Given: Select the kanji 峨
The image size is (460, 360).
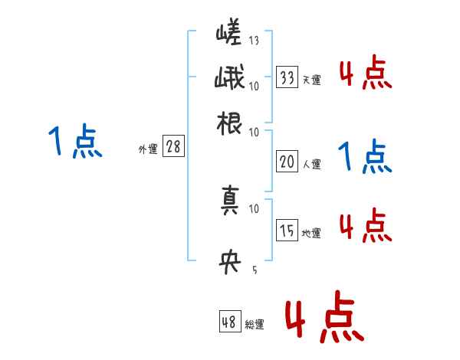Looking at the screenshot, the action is click(x=229, y=79).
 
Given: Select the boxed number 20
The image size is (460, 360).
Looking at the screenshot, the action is click(x=287, y=161).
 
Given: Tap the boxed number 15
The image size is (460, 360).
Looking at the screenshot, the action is click(x=287, y=230).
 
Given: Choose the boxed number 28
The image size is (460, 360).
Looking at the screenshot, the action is click(x=173, y=147).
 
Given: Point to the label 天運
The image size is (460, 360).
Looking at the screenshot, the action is click(x=311, y=80).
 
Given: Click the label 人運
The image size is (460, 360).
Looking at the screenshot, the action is click(x=311, y=164).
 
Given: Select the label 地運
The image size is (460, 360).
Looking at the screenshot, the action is click(x=311, y=233).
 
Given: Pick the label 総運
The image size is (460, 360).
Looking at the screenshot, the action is click(x=254, y=325).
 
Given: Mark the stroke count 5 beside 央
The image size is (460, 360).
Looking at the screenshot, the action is click(x=254, y=269).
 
